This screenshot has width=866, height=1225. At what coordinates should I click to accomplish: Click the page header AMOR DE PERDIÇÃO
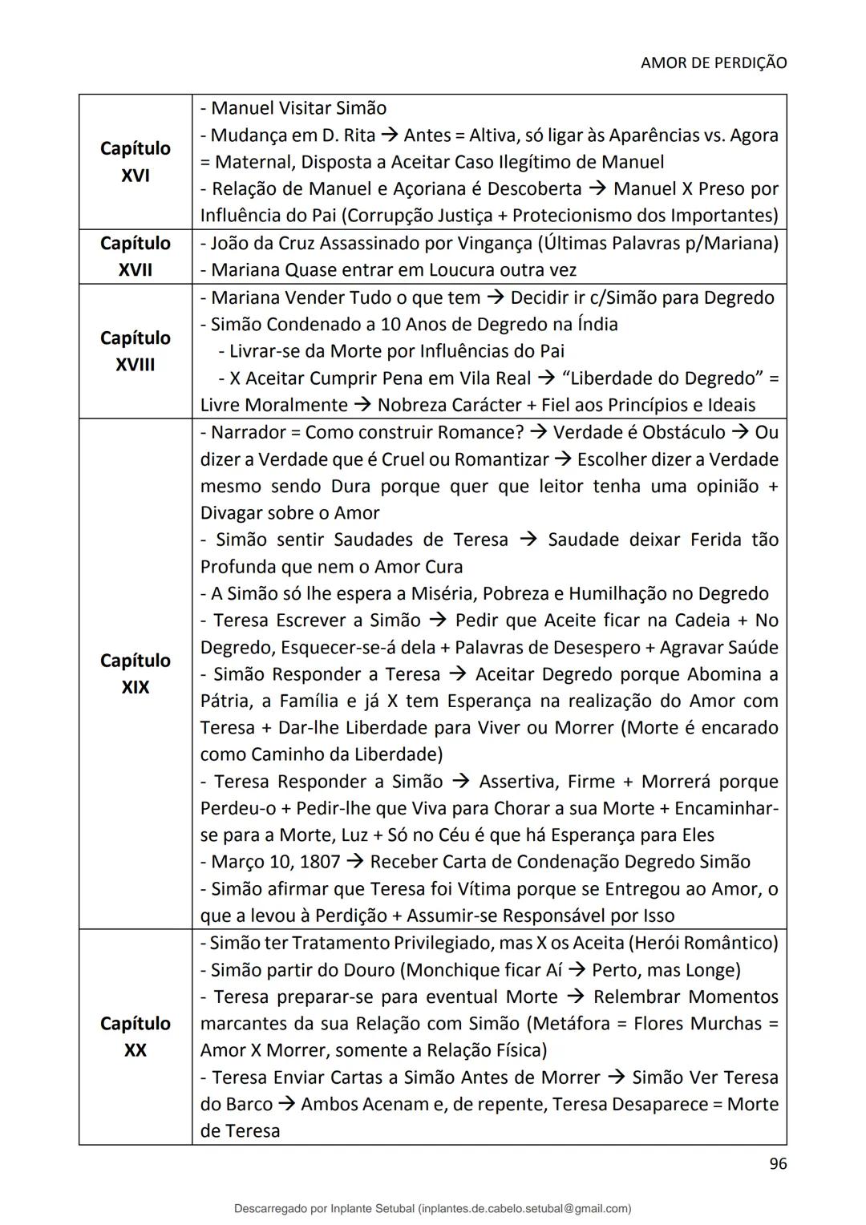pyautogui.click(x=714, y=63)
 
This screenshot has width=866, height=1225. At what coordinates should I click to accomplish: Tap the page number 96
pyautogui.click(x=778, y=1164)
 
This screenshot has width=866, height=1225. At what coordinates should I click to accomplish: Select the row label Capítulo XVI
pyautogui.click(x=135, y=162)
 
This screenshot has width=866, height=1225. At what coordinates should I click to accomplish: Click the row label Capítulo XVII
pyautogui.click(x=135, y=257)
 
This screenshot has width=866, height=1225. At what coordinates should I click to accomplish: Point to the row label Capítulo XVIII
pyautogui.click(x=135, y=351)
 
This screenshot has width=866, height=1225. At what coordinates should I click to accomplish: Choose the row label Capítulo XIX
pyautogui.click(x=135, y=673)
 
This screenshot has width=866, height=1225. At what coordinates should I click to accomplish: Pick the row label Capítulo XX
pyautogui.click(x=135, y=1037)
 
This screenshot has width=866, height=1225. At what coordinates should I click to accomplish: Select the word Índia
pyautogui.click(x=597, y=325)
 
